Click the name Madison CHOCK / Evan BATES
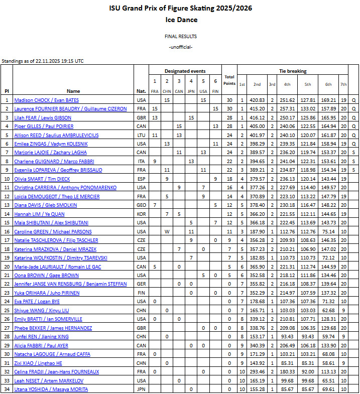coord(46,100)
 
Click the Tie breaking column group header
coord(292,71)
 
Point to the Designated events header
coord(185,71)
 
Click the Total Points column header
coord(229,80)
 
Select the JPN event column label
coord(191,91)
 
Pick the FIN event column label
coord(215,91)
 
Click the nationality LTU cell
coord(142,135)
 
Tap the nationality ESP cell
coord(142,179)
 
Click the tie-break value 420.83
coord(257,100)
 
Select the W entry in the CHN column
coord(167,231)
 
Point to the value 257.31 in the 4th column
coord(287,109)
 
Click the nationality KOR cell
coord(142,214)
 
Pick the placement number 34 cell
coord(7,389)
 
